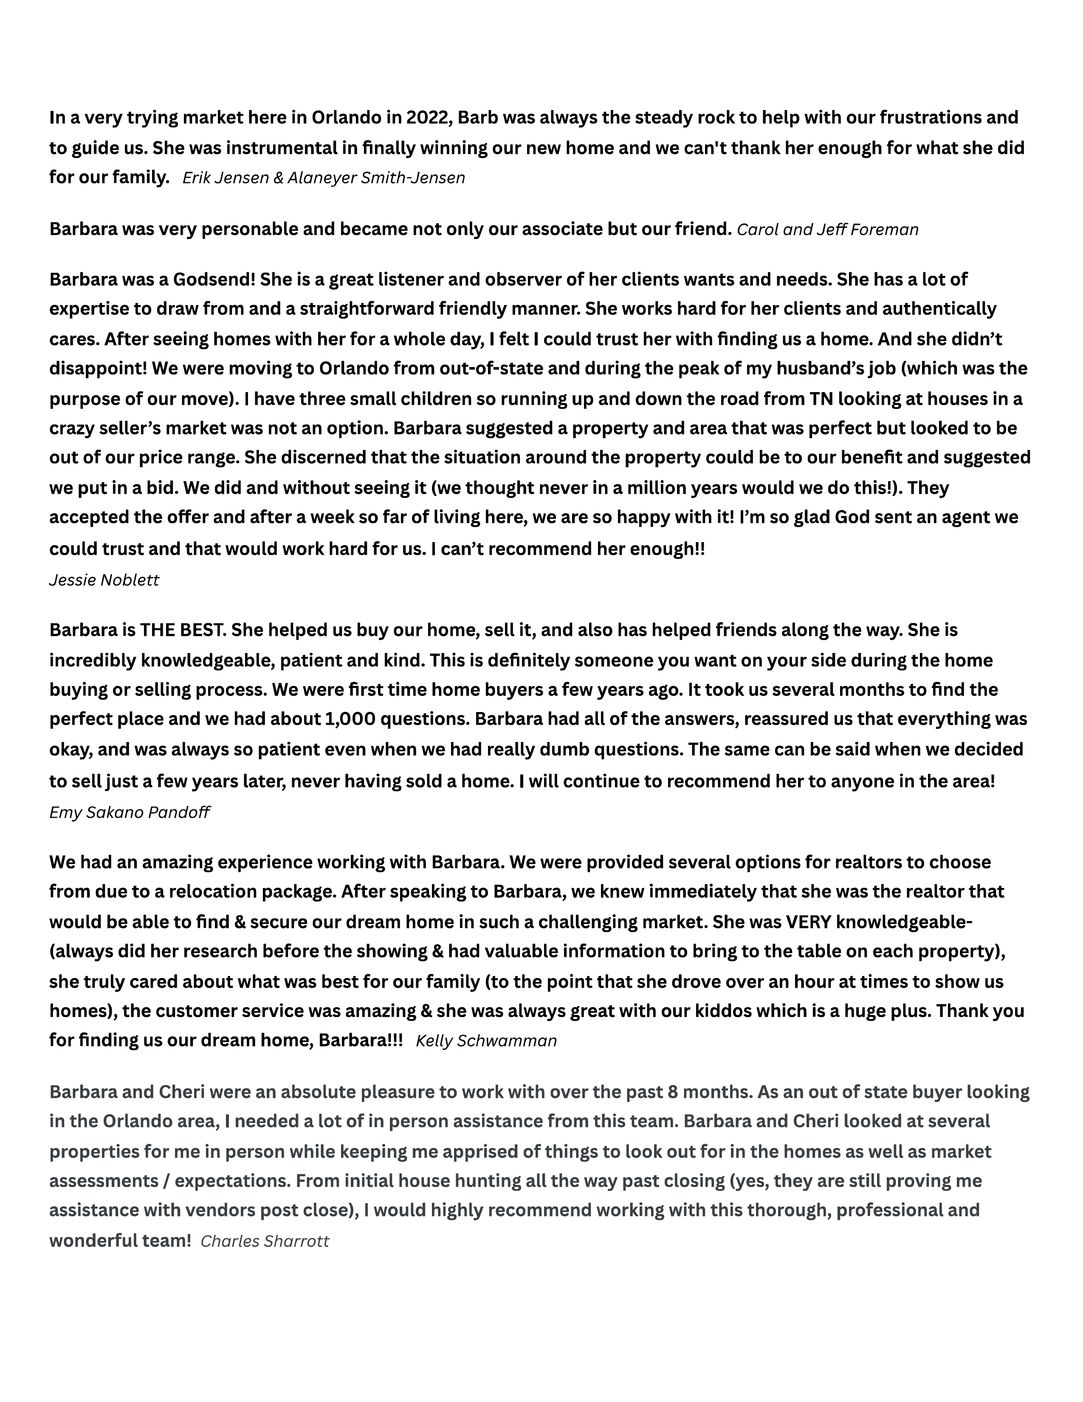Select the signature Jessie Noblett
(x=104, y=580)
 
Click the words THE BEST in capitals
(x=183, y=630)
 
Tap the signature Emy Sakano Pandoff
(x=130, y=813)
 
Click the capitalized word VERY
(x=808, y=922)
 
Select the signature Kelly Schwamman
(x=486, y=1040)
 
